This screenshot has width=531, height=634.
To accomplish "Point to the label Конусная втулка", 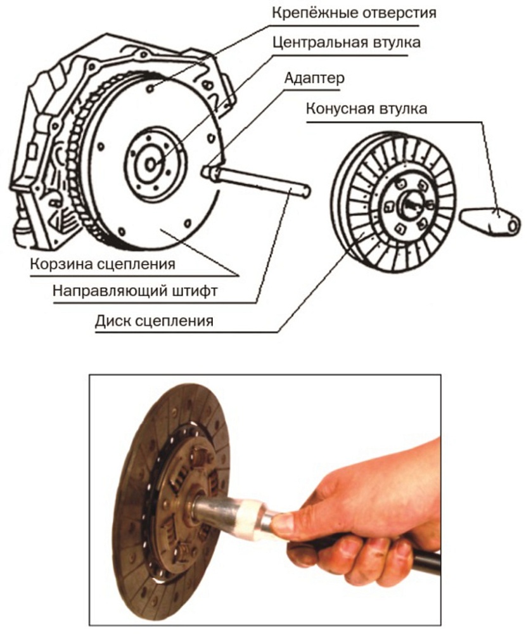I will (x=366, y=108).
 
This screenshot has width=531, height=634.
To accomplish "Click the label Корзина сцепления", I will (x=102, y=262).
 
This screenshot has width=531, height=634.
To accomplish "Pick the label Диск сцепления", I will (x=153, y=321).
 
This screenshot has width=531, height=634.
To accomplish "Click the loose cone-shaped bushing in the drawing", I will (x=489, y=219).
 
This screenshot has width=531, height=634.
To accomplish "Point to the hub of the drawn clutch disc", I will (x=408, y=204).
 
